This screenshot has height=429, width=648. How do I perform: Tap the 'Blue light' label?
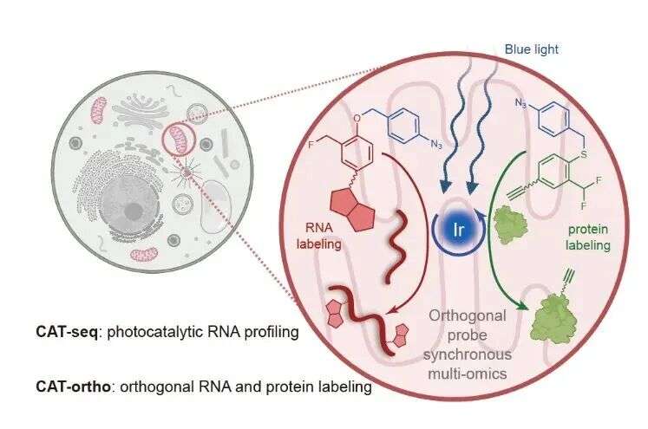tap(532, 49)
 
